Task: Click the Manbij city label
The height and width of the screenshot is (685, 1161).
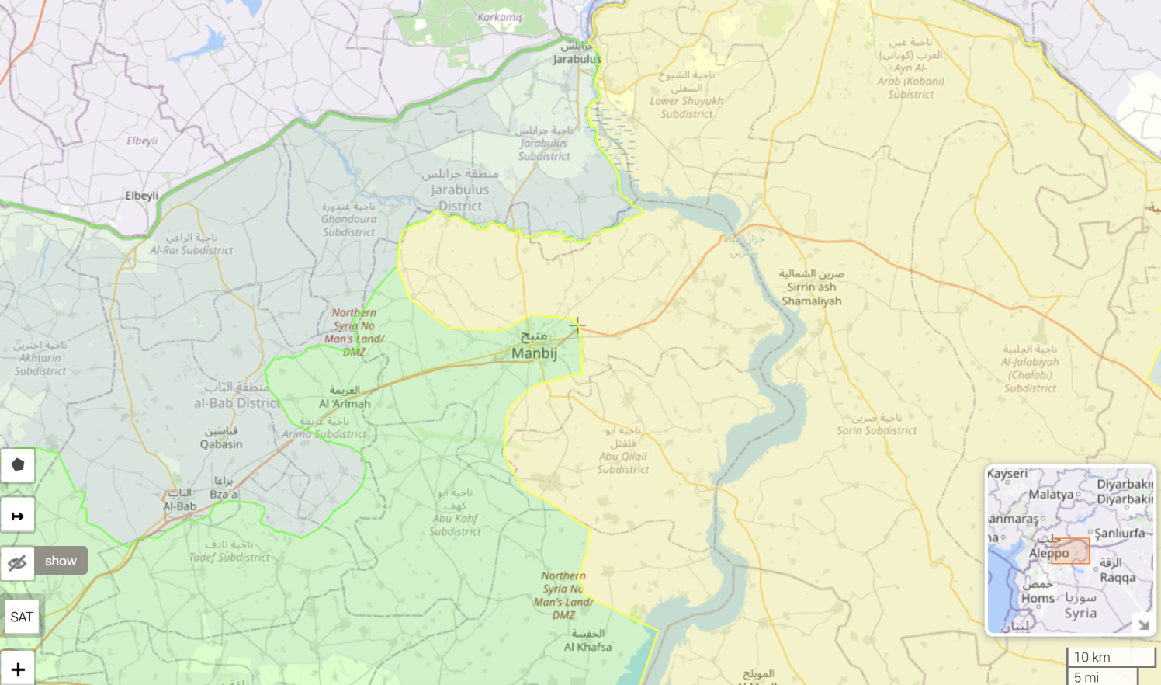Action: pyautogui.click(x=534, y=353)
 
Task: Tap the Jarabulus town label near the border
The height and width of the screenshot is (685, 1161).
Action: pyautogui.click(x=577, y=59)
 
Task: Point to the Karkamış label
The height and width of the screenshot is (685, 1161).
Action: pyautogui.click(x=500, y=17)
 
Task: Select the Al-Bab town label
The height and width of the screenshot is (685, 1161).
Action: pyautogui.click(x=179, y=506)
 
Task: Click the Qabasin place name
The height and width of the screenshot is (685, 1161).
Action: pyautogui.click(x=221, y=444)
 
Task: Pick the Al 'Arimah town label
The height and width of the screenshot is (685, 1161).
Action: pyautogui.click(x=345, y=403)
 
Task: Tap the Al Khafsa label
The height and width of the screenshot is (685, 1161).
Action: pyautogui.click(x=587, y=647)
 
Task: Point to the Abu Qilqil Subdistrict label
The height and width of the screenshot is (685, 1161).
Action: pyautogui.click(x=622, y=463)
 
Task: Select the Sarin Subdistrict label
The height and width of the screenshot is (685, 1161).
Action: pyautogui.click(x=876, y=430)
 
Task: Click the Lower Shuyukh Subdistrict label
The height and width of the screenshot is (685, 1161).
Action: pyautogui.click(x=686, y=107)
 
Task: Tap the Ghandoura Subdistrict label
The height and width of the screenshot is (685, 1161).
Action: pyautogui.click(x=348, y=225)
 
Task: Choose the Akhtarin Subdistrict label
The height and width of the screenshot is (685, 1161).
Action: pyautogui.click(x=40, y=364)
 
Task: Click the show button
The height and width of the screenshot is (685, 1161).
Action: pyautogui.click(x=61, y=561)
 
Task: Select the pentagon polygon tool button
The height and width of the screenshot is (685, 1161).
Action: pyautogui.click(x=18, y=465)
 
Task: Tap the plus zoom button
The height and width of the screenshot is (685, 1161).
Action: pyautogui.click(x=18, y=669)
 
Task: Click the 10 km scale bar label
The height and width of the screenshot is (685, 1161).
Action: pyautogui.click(x=1092, y=657)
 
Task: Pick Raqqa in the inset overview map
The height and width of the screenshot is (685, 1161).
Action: pyautogui.click(x=1117, y=577)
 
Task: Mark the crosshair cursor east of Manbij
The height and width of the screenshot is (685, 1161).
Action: pyautogui.click(x=577, y=325)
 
